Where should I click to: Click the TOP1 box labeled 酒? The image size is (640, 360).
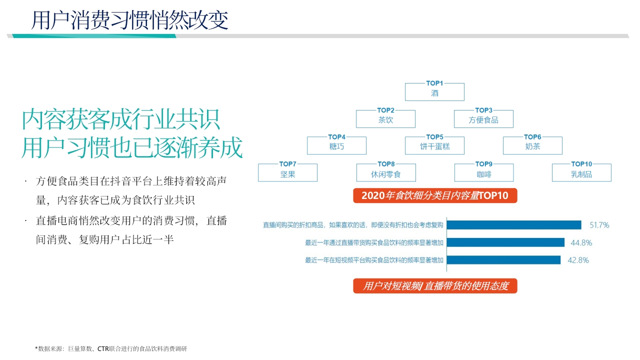click(x=434, y=92)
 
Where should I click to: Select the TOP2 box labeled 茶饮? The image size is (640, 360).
click(x=385, y=119)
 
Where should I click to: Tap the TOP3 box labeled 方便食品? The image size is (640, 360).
click(x=483, y=119)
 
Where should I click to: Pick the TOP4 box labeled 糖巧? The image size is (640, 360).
click(x=336, y=145)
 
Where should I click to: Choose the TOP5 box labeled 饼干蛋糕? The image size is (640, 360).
click(x=434, y=145)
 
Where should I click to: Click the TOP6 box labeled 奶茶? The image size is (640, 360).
click(x=532, y=145)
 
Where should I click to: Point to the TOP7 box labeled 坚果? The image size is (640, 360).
click(x=287, y=172)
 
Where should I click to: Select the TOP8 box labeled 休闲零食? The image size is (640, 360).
click(x=386, y=172)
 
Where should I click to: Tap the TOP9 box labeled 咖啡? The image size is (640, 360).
click(x=484, y=172)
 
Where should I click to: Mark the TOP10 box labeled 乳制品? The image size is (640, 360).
click(x=581, y=172)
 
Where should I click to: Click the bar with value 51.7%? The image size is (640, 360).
click(x=514, y=225)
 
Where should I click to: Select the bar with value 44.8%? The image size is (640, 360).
click(x=505, y=242)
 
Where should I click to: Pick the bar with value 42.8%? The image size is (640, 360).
click(x=503, y=260)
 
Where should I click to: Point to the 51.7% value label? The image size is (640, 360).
click(x=599, y=225)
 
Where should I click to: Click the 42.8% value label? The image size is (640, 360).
click(x=578, y=260)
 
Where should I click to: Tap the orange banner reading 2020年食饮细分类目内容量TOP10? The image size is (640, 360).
click(x=435, y=195)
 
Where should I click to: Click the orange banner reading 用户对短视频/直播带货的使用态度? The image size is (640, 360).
click(x=435, y=285)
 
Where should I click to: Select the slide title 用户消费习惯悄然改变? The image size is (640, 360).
click(x=129, y=20)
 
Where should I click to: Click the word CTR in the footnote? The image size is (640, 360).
click(x=103, y=348)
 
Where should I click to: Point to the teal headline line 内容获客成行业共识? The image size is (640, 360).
click(x=121, y=119)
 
